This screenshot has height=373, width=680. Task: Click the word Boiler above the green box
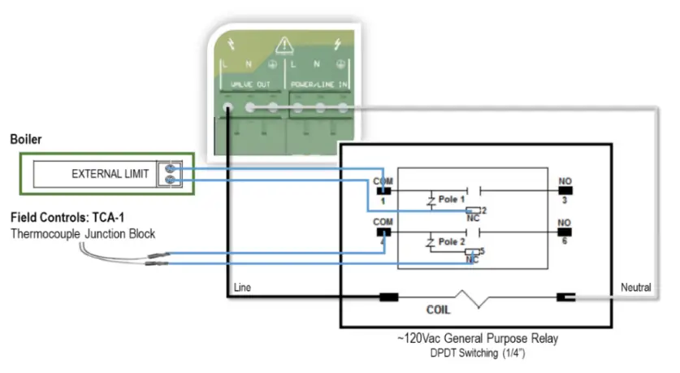point(25,140)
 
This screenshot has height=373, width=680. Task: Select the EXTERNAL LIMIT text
point(110,174)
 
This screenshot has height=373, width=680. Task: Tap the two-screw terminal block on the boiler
point(171,174)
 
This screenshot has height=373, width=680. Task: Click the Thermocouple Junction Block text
point(84,234)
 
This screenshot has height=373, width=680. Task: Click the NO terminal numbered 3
point(565,190)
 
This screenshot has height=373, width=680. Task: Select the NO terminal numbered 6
point(565,232)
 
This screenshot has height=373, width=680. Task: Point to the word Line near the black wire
point(242,288)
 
